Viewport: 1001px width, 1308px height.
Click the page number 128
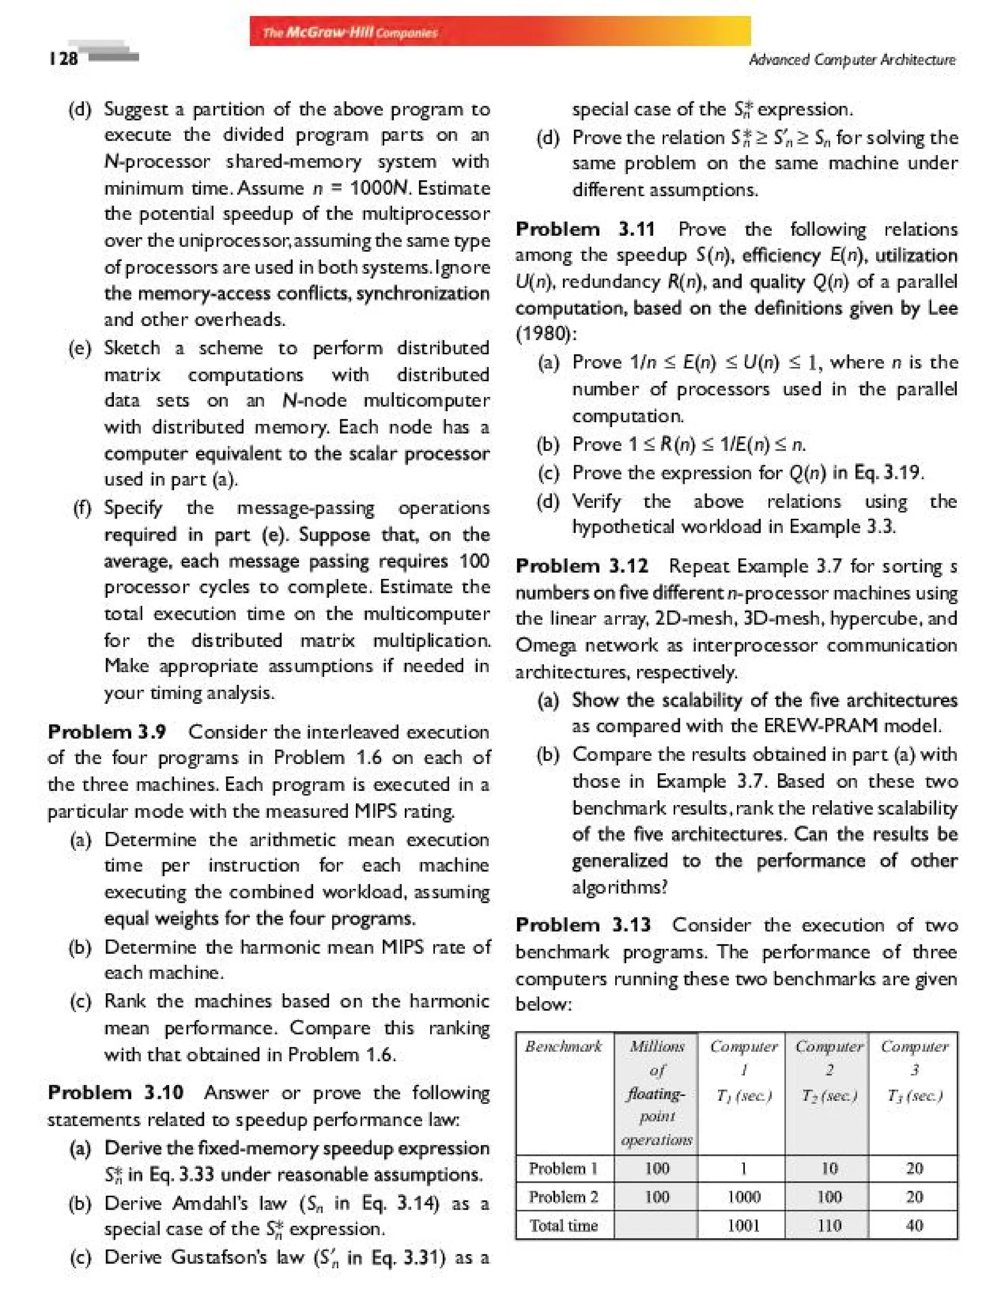(63, 58)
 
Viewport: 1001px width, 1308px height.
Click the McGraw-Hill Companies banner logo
(350, 33)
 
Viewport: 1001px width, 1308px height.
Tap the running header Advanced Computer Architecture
(852, 60)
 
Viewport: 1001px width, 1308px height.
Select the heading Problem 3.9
(107, 731)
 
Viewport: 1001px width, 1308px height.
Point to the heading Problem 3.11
(585, 229)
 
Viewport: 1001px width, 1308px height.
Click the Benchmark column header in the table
(564, 1046)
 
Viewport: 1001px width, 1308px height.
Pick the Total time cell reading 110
(829, 1225)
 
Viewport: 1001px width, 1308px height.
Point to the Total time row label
(564, 1225)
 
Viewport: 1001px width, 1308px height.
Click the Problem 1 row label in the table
(564, 1169)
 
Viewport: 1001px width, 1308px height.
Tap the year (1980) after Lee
(544, 334)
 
